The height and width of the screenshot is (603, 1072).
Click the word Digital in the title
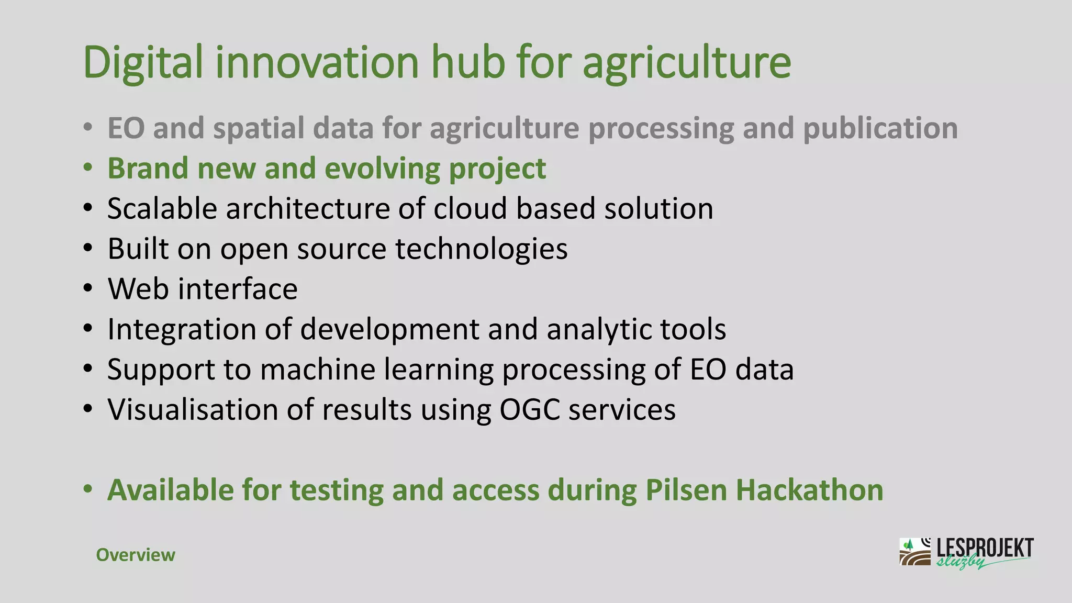[142, 63]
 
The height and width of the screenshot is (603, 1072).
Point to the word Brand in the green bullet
[148, 169]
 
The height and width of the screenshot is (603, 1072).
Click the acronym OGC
[530, 410]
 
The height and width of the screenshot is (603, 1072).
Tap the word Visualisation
[192, 410]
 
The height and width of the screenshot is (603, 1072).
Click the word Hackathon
[809, 490]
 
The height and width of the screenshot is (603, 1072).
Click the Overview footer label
[136, 555]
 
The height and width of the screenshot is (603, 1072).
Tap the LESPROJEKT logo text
[984, 548]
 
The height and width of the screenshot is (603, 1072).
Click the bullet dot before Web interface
[88, 289]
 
